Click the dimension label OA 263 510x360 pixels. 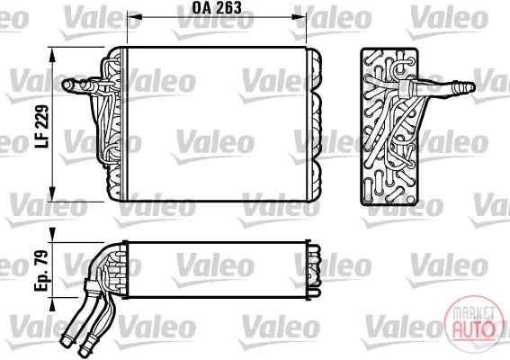tap(216, 8)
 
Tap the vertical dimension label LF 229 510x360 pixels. tap(42, 126)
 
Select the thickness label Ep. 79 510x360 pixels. tap(41, 270)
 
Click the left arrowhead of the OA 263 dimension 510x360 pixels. tap(133, 16)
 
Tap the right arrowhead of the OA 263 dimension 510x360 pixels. tap(300, 16)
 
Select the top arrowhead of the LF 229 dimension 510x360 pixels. tap(52, 54)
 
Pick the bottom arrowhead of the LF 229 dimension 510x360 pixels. tap(52, 194)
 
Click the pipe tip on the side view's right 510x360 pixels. tap(470, 87)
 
